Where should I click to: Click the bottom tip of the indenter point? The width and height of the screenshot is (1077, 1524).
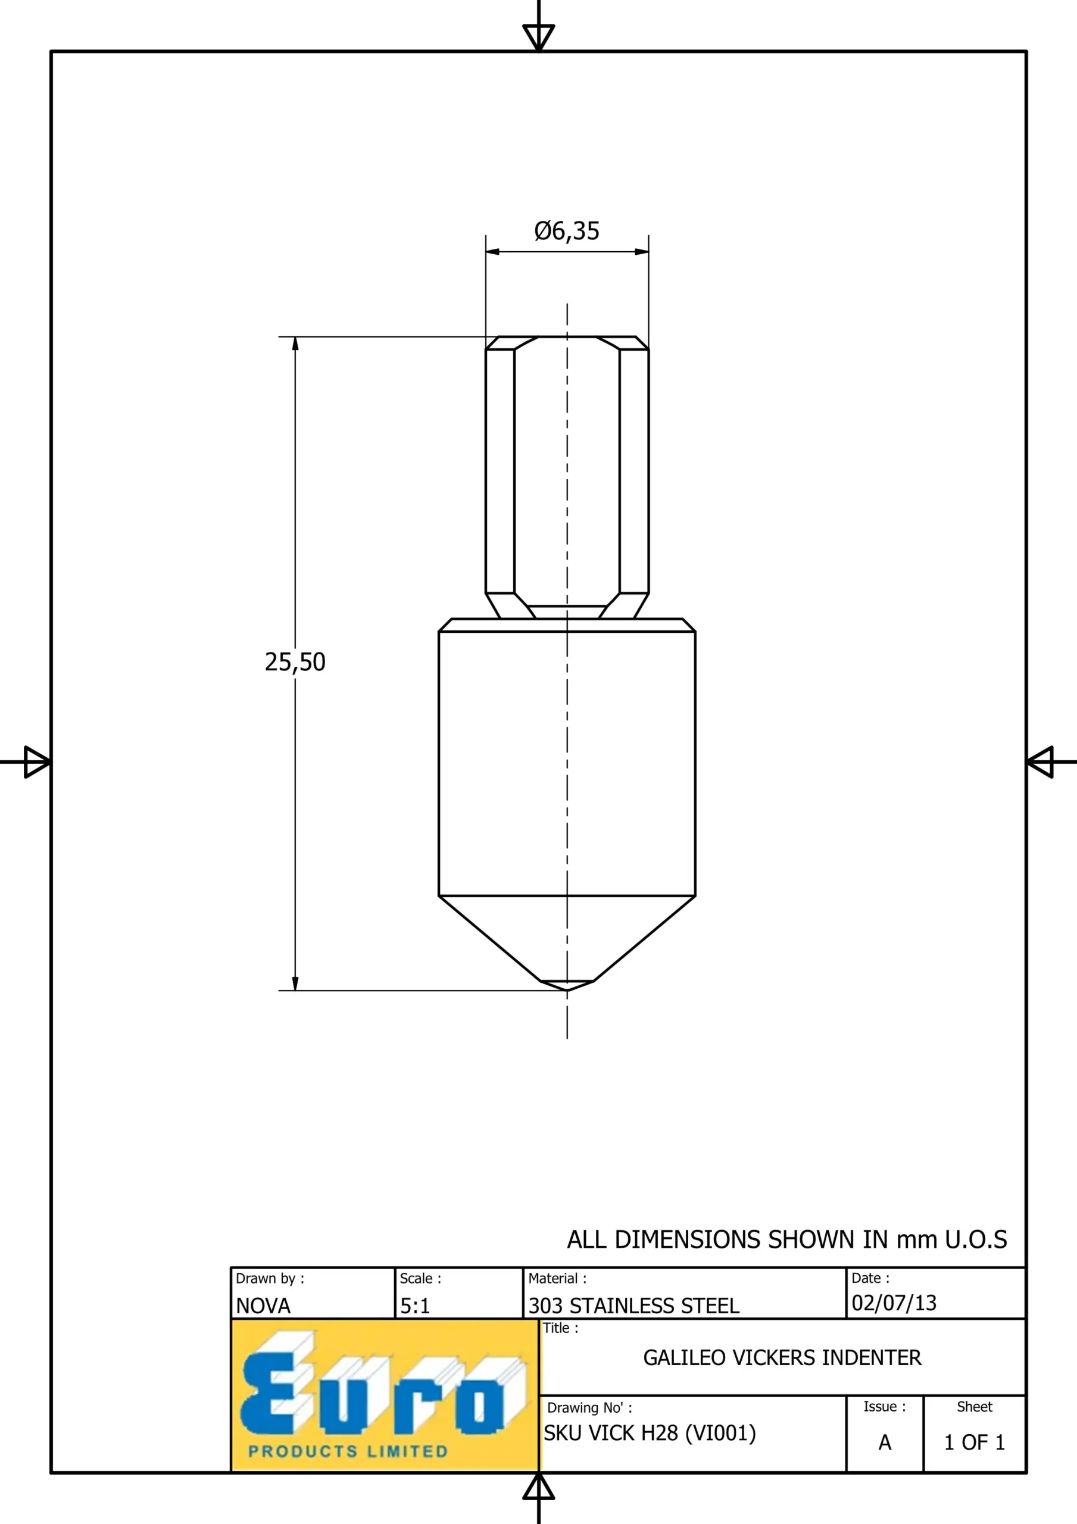click(x=567, y=991)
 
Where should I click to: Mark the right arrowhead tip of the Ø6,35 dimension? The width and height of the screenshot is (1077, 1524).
click(x=649, y=252)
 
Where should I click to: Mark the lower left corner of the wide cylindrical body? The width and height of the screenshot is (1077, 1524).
click(x=439, y=896)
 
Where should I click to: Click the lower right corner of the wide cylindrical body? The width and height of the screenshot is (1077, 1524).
click(x=695, y=896)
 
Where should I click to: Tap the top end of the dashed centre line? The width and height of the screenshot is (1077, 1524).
click(x=567, y=304)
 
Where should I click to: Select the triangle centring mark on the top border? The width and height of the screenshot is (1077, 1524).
click(x=538, y=37)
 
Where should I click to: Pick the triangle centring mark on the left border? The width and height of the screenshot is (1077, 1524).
click(x=37, y=762)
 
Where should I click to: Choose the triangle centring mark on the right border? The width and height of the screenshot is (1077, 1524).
click(x=1040, y=762)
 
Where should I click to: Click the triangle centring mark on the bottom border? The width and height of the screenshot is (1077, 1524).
click(x=538, y=1487)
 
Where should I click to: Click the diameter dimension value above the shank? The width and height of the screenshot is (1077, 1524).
click(x=567, y=231)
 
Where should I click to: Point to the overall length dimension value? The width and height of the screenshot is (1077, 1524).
click(x=295, y=662)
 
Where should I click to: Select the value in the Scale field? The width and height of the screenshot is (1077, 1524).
click(x=415, y=1306)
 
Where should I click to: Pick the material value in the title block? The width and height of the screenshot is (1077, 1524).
click(x=633, y=1306)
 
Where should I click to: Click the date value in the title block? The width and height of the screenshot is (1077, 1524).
click(x=894, y=1303)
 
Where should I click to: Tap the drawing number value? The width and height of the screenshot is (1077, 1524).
click(x=650, y=1433)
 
